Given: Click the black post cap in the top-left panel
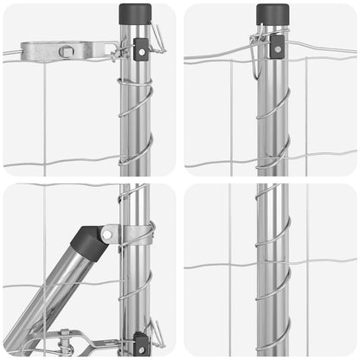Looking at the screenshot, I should click(x=136, y=15).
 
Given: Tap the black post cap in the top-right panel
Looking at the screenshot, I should click(x=273, y=14).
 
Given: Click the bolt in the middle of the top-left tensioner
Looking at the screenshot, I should click(x=67, y=52).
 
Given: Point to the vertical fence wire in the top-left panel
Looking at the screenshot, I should click(x=44, y=112).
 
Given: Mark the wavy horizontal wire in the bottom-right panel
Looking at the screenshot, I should click(x=216, y=264).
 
